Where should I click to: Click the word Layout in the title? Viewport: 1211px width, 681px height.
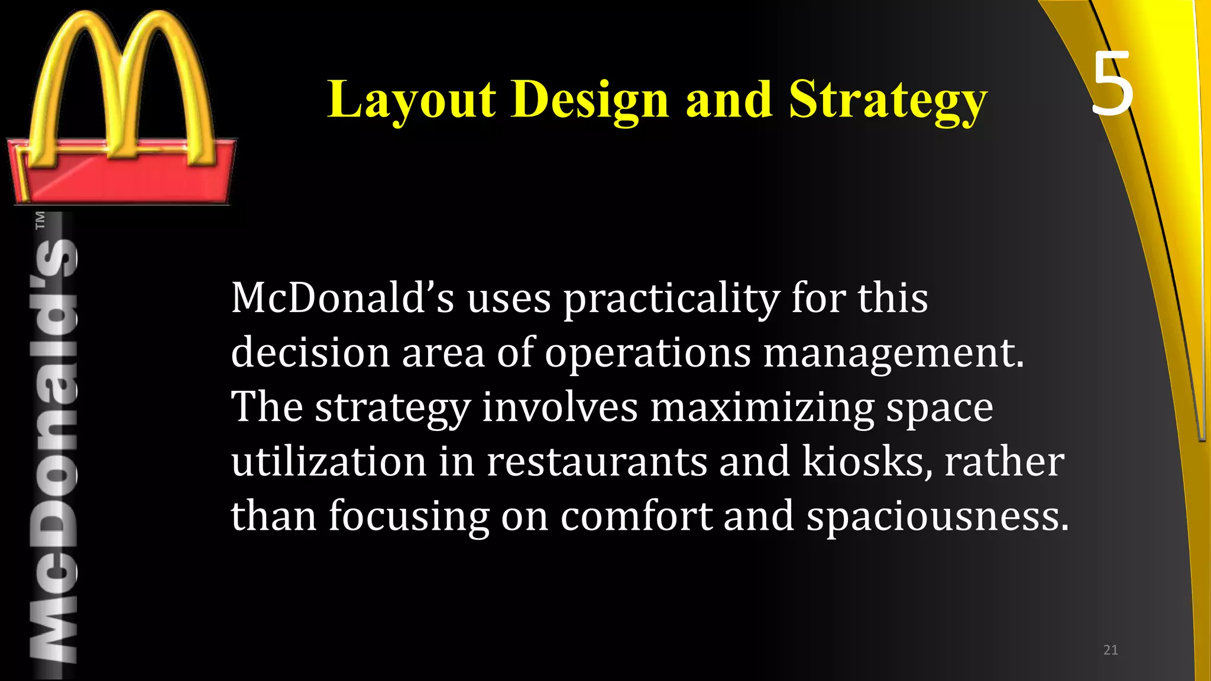[x=412, y=99]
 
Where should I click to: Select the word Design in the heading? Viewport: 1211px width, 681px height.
[x=590, y=99]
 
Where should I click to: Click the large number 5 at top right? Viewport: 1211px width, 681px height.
[x=1112, y=84]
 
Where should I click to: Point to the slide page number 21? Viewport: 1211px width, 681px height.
[x=1110, y=650]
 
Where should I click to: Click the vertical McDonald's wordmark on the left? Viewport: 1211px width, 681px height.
[x=54, y=449]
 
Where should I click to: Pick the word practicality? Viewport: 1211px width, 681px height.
[x=671, y=298]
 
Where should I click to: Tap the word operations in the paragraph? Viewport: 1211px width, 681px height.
[x=647, y=353]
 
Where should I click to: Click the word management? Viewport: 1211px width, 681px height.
[x=893, y=353]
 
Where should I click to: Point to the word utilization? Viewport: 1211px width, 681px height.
[x=329, y=462]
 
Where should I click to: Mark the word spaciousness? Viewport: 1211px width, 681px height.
[x=938, y=516]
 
